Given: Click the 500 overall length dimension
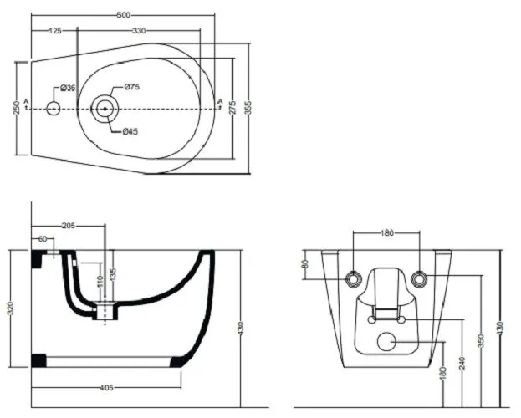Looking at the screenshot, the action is point(123,15).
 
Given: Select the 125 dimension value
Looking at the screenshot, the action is point(55,31).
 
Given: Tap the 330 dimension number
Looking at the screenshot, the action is point(139,31).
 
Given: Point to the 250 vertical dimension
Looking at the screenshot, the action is point(17,108).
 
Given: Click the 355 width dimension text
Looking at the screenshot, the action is point(248,108).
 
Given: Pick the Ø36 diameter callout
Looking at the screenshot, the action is point(68,88).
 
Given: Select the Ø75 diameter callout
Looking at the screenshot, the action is point(132,87).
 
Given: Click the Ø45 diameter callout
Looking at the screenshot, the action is point(130,132).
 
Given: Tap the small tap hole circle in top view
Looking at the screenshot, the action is point(54,109).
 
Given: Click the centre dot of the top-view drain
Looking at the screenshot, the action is point(105,109).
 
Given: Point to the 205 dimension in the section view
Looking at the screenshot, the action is point(69,226).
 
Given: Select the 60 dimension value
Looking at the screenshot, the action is point(43,239).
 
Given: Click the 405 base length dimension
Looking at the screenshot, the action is point(107,388).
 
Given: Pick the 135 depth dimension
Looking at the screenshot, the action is point(113,275).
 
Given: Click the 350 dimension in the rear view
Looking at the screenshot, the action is point(482,341).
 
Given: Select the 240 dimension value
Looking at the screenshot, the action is point(462,363).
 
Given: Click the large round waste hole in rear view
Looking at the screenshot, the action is point(386,342).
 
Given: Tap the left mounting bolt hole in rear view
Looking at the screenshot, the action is point(353,278).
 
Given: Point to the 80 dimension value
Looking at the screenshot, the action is point(306,264).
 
